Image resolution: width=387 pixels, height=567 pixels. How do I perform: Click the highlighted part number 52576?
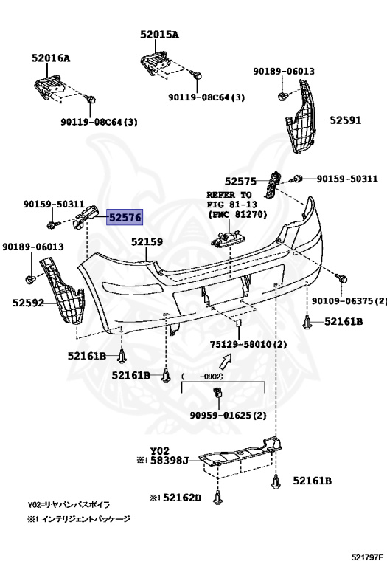[125, 217]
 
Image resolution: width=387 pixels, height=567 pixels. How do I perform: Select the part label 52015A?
[159, 35]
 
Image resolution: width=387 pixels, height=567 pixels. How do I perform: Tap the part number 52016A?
[51, 58]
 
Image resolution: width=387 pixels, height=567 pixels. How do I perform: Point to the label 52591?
[345, 120]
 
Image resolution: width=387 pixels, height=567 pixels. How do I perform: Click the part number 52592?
[28, 302]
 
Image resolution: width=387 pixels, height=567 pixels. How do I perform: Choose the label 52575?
[240, 181]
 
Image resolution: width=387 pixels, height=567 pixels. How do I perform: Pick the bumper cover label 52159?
[147, 241]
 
